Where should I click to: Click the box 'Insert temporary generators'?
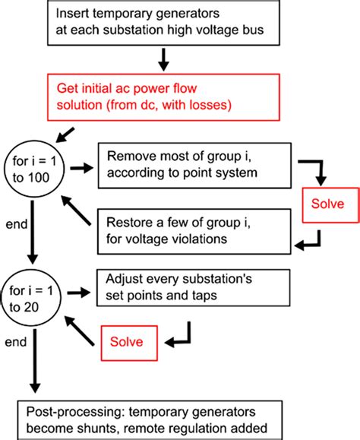coord(159,24)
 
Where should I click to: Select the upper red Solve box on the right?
coord(324,205)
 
